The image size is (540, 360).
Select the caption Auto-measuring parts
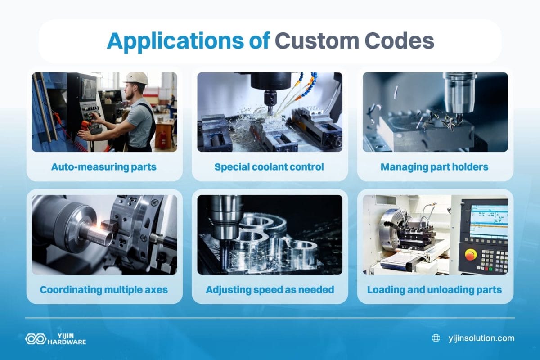pos(104,167)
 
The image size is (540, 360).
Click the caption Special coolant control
pos(269,167)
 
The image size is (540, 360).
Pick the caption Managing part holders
pos(434,167)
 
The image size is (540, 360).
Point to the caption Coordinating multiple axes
pos(104,289)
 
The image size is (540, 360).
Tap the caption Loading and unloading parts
pos(434,289)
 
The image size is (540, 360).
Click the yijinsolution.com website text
pos(481,338)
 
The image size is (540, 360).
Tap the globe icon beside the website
pos(436,338)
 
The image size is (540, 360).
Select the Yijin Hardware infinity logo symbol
pos(34,339)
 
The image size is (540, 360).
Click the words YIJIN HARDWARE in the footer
pos(67,339)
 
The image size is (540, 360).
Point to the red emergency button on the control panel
pos(470,255)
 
